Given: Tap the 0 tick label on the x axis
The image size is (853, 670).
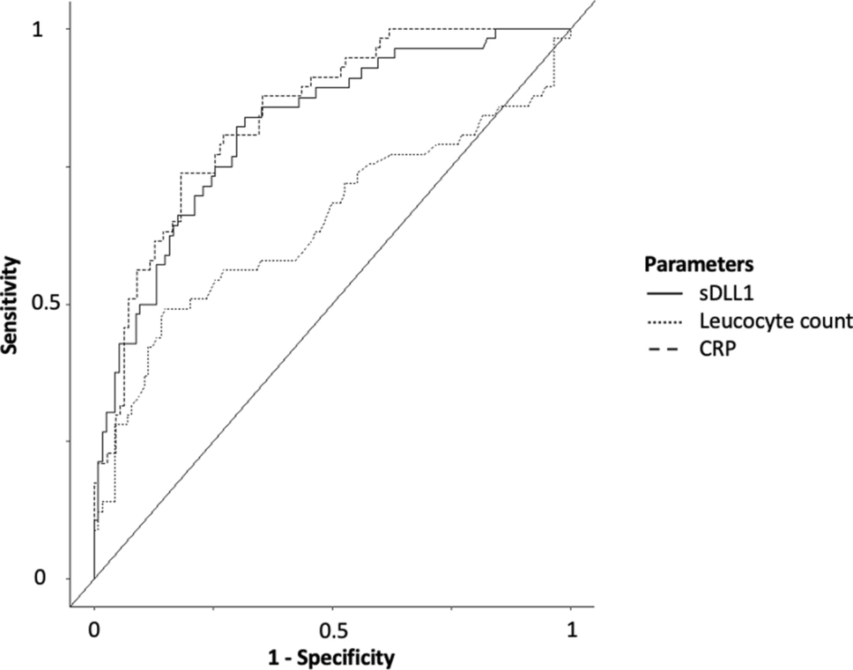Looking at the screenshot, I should pyautogui.click(x=94, y=630).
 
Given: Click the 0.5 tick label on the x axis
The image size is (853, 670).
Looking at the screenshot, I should pyautogui.click(x=332, y=630).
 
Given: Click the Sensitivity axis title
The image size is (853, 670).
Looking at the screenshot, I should pyautogui.click(x=11, y=304).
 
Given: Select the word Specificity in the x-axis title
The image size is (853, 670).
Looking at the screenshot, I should pyautogui.click(x=348, y=657).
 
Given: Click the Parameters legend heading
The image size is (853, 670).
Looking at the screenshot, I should pyautogui.click(x=697, y=263).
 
